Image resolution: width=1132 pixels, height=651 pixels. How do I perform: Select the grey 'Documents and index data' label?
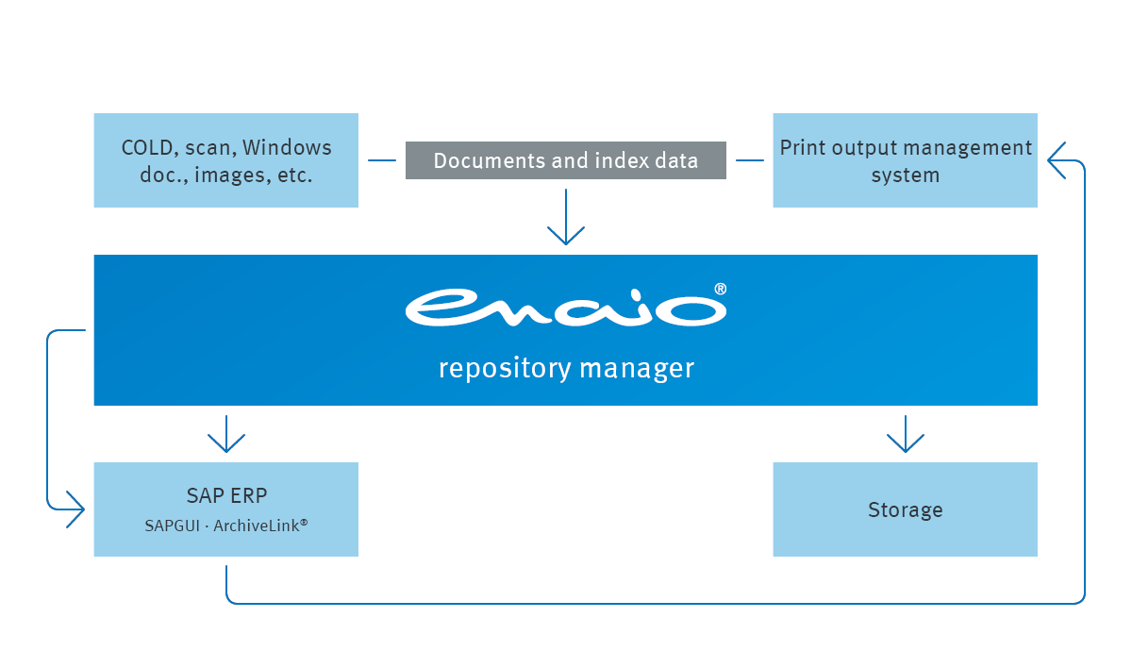pos(566,160)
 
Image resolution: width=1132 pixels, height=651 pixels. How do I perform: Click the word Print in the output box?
pos(803,148)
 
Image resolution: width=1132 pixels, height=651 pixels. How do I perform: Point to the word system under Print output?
pos(905,175)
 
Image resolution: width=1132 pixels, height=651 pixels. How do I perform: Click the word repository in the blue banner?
pos(505,368)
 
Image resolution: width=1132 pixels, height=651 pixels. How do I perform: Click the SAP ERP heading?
pos(226,497)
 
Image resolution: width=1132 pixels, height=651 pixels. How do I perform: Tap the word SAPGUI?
pos(172,526)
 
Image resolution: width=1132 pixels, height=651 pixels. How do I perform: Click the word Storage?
pos(905,510)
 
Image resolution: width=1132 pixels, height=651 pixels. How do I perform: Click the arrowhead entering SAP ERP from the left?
pos(75,509)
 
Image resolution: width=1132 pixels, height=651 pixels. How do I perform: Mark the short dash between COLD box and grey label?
pos(382,160)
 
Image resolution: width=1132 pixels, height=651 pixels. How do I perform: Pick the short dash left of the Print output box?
pos(750,160)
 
